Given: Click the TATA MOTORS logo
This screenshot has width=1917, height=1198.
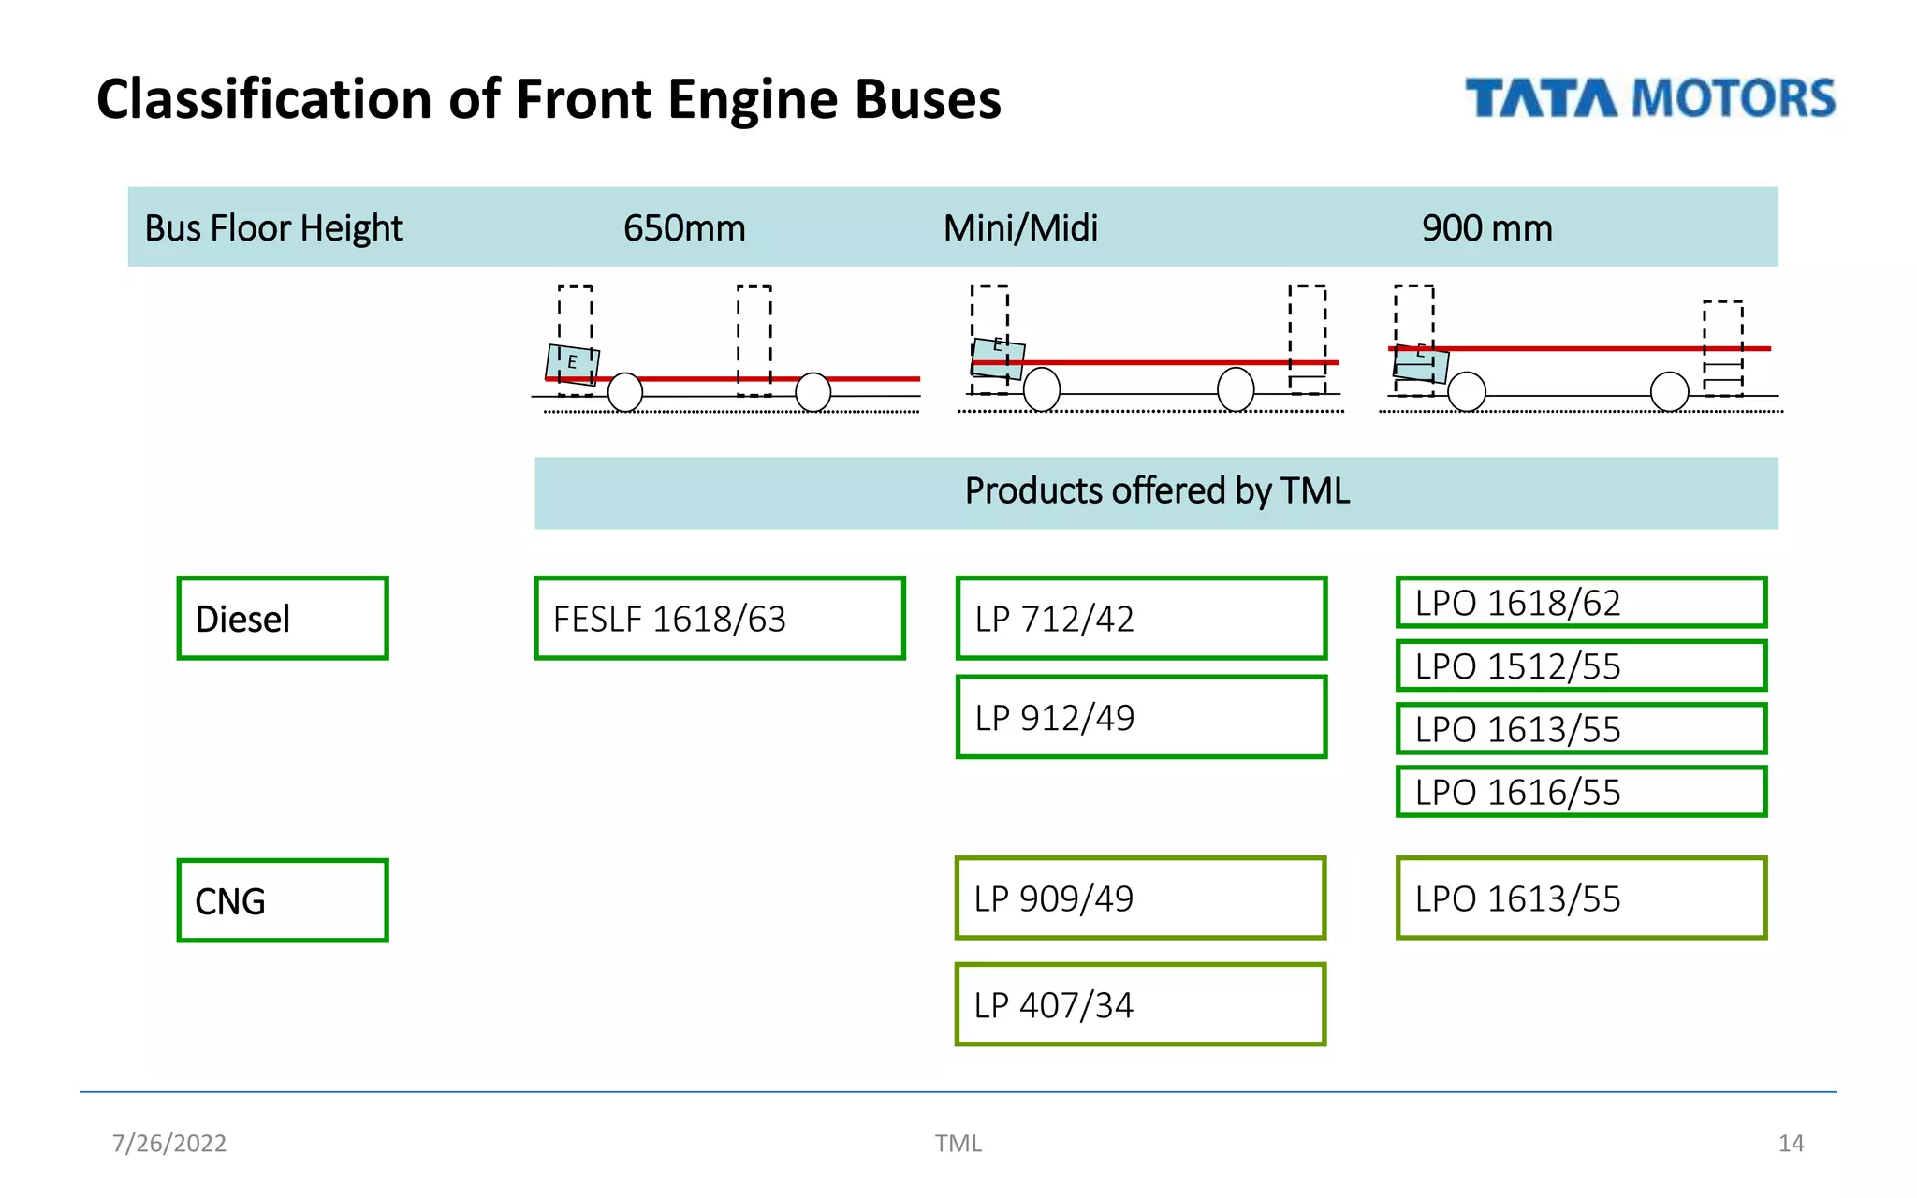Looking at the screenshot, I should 1649,99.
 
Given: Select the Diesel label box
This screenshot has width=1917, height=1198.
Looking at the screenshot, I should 282,619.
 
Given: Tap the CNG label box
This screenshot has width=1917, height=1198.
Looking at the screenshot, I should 282,900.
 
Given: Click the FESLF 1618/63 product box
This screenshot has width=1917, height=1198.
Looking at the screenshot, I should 719,619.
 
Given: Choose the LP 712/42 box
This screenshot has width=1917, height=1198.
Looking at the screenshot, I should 1141,619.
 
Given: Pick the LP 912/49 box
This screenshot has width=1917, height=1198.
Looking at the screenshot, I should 1141,717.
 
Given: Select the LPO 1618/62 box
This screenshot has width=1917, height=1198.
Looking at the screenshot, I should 1580,603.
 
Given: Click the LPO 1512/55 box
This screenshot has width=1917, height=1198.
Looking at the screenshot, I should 1580,666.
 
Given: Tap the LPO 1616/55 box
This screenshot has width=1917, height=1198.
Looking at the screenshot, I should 1580,792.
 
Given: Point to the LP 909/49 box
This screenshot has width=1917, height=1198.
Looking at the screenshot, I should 1140,898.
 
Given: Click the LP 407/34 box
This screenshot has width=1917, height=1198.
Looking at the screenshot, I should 1140,1005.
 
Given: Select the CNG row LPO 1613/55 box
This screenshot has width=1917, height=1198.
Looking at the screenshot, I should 1580,898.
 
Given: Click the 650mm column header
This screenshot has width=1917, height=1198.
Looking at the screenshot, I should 684,228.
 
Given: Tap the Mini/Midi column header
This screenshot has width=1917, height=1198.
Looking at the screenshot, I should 1020,228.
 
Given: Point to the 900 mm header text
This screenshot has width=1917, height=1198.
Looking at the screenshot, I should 1486,228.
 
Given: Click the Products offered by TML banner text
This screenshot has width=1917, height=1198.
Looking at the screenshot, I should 1157,491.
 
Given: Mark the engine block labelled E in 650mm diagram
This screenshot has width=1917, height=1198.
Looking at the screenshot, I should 572,363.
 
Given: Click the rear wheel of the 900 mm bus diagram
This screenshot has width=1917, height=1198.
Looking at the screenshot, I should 1669,391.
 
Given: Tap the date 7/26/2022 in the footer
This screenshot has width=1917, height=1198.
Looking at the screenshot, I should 169,1143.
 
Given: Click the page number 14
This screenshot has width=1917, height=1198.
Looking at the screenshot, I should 1791,1143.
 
